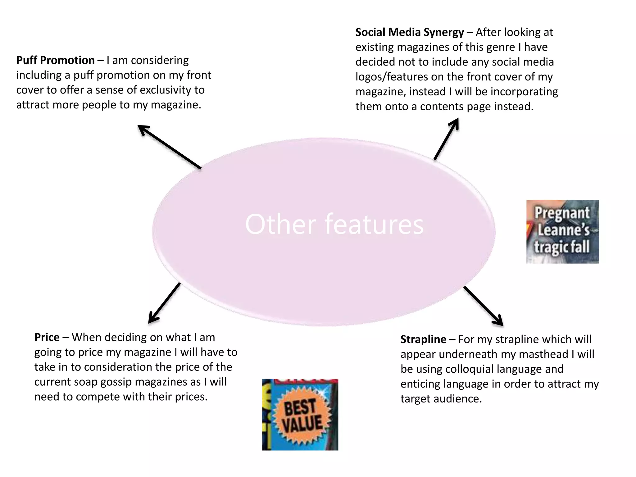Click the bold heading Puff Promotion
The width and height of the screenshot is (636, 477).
[56, 60]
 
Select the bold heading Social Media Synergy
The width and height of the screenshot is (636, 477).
[410, 32]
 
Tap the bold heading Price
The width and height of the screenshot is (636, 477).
[47, 337]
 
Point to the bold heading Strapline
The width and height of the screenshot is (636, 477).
[423, 339]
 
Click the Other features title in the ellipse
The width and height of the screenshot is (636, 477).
[334, 224]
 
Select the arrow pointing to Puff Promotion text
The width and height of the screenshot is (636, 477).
[169, 147]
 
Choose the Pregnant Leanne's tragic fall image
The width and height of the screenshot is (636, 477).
[562, 232]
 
